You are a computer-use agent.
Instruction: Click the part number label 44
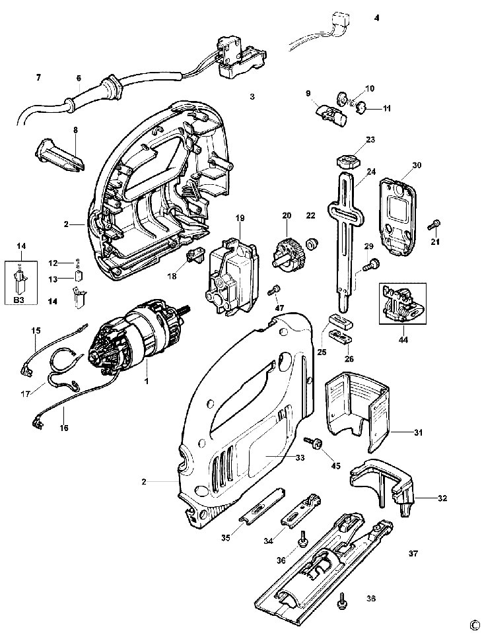tap(403, 339)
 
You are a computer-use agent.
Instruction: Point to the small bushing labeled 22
tap(312, 243)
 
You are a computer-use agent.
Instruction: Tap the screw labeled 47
tap(275, 290)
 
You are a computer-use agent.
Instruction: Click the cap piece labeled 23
tap(347, 162)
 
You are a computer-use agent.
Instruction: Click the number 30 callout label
tap(417, 165)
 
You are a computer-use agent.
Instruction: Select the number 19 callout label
tap(240, 218)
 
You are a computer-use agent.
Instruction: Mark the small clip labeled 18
tap(195, 256)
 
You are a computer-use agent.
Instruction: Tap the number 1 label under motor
tap(147, 381)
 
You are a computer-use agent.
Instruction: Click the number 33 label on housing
tap(300, 458)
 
